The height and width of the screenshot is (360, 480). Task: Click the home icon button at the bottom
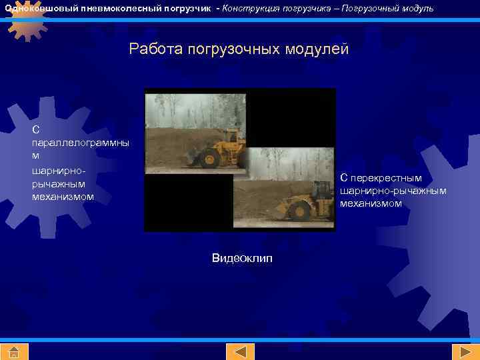15,351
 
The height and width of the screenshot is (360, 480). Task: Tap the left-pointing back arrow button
240,351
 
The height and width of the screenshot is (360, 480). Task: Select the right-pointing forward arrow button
461,351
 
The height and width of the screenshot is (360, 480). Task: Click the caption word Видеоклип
242,258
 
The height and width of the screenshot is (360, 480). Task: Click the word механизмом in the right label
371,203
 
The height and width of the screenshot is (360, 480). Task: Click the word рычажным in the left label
59,183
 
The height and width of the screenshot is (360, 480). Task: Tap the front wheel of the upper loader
209,159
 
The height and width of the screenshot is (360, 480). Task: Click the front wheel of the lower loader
300,212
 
